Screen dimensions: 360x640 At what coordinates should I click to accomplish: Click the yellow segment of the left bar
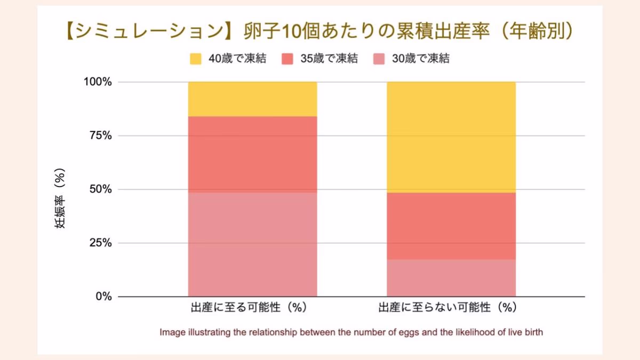(x=252, y=99)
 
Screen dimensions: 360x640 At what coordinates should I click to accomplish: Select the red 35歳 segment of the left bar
(x=252, y=154)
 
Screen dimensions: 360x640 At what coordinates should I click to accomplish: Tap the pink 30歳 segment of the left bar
(x=252, y=244)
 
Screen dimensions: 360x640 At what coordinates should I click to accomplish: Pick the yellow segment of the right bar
(x=451, y=137)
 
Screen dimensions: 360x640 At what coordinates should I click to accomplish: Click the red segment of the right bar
(x=451, y=226)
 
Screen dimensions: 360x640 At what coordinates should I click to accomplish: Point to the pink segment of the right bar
(x=451, y=277)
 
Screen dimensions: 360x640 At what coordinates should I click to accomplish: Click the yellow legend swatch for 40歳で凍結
(x=196, y=59)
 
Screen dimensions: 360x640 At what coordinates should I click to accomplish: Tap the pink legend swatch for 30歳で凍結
(x=379, y=59)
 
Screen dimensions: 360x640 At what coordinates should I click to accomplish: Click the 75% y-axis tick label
(x=100, y=135)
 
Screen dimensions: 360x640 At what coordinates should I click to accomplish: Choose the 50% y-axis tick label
(x=100, y=189)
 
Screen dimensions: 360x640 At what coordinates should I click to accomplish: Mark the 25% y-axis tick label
(x=100, y=243)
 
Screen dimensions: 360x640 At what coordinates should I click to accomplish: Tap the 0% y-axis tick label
(x=103, y=297)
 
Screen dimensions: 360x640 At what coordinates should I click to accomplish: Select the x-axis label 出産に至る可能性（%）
(x=249, y=308)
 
